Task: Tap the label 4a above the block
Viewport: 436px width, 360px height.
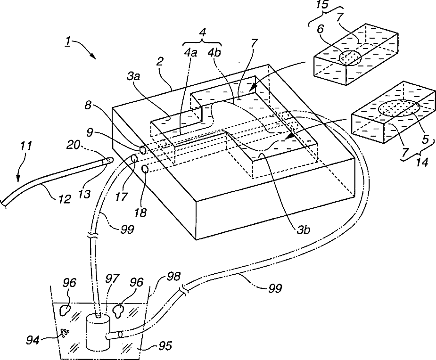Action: point(190,53)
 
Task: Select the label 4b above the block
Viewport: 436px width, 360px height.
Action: point(214,53)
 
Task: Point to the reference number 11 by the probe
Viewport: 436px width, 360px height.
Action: point(26,146)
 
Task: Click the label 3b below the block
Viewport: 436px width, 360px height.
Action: point(303,230)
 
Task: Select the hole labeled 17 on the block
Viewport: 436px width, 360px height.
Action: point(135,159)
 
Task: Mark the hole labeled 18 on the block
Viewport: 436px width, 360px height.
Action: point(145,169)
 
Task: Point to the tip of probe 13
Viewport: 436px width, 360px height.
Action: point(112,160)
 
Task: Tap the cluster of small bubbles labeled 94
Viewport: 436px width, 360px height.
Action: point(65,333)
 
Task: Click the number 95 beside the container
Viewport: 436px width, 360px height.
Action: point(166,346)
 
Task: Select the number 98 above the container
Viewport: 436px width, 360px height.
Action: point(174,277)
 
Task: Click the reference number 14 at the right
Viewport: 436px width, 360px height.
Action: point(422,163)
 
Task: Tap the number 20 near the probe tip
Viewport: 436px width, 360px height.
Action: point(75,145)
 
